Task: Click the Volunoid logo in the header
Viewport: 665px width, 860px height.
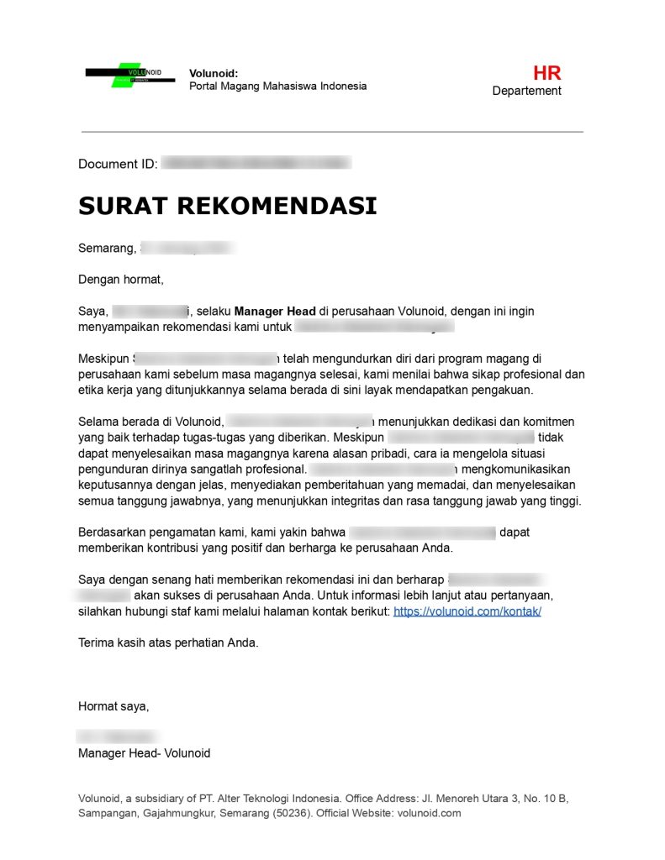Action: coord(129,75)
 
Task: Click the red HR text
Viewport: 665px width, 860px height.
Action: coord(546,73)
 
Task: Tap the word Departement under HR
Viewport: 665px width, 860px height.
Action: coord(526,91)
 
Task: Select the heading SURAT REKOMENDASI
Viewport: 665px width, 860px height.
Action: coord(227,206)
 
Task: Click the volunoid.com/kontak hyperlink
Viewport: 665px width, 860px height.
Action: coord(467,611)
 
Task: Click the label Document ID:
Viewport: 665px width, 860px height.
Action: coord(118,164)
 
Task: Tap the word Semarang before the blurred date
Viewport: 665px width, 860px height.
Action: coord(105,249)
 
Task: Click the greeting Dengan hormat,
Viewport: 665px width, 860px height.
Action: coord(120,280)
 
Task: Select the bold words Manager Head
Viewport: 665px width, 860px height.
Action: coord(275,311)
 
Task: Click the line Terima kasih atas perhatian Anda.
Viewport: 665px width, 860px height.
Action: coord(168,643)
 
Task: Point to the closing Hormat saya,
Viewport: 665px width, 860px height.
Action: coord(113,706)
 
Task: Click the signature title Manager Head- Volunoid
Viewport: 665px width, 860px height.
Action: coord(144,753)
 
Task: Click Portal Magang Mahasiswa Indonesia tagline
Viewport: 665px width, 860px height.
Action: coord(277,87)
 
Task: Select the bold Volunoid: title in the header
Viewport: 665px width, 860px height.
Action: coord(214,73)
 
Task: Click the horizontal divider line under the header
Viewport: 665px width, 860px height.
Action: coord(332,132)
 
